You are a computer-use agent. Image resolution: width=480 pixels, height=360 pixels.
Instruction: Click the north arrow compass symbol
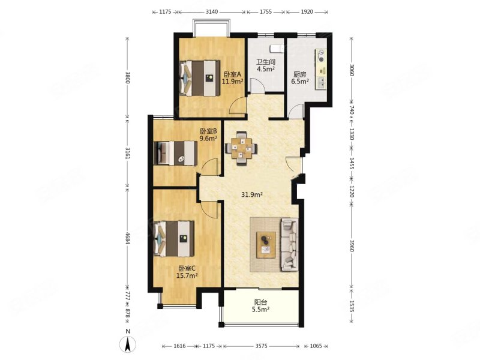click(128, 343)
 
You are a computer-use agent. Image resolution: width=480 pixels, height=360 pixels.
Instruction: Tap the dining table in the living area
click(242, 148)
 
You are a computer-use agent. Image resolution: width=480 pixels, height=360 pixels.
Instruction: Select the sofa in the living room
click(290, 244)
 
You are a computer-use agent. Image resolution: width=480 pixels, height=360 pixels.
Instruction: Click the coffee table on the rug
click(266, 245)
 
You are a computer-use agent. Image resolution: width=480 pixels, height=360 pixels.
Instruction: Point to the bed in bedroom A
click(200, 78)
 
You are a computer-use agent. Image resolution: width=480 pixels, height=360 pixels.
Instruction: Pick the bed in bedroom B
click(176, 153)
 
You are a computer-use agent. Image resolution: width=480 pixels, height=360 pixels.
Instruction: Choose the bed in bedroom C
click(174, 238)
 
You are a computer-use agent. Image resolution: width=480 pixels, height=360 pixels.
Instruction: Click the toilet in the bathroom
click(277, 49)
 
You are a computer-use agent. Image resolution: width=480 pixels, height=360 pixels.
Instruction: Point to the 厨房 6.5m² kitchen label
click(299, 78)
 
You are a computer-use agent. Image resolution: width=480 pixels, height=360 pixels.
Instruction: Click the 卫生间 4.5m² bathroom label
click(266, 65)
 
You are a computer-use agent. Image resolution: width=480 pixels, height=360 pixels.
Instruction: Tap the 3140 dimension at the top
click(212, 11)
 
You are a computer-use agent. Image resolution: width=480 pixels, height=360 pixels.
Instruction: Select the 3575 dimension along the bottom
click(261, 346)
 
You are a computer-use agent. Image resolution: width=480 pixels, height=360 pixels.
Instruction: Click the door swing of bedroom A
click(238, 105)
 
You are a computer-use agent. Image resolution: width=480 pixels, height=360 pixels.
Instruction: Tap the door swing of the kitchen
click(296, 111)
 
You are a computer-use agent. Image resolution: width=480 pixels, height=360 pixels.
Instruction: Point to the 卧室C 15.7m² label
click(187, 272)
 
